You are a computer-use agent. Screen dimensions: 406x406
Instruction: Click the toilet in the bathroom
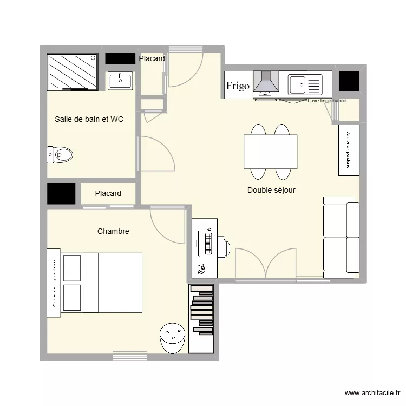(x=60, y=155)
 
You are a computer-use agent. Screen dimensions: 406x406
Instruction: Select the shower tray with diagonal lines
(x=72, y=72)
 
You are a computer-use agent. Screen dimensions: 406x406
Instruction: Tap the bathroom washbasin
(x=120, y=81)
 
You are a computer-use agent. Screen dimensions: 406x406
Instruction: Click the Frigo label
(x=238, y=86)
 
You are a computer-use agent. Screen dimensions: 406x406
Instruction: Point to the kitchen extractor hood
(x=265, y=84)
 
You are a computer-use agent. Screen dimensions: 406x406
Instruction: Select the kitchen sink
(x=304, y=84)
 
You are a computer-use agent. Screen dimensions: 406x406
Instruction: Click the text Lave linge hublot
(x=326, y=101)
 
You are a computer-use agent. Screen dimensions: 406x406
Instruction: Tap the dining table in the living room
(x=270, y=152)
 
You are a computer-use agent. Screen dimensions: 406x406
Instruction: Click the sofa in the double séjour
(x=340, y=237)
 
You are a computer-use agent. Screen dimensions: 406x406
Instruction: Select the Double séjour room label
(x=271, y=190)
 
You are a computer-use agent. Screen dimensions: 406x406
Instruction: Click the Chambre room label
(x=113, y=231)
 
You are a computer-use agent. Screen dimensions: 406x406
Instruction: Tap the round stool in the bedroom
(x=173, y=338)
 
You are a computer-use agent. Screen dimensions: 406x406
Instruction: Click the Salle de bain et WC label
(x=89, y=119)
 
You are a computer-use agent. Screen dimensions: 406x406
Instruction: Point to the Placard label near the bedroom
(x=108, y=193)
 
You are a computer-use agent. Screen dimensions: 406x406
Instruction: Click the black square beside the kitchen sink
(x=349, y=81)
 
